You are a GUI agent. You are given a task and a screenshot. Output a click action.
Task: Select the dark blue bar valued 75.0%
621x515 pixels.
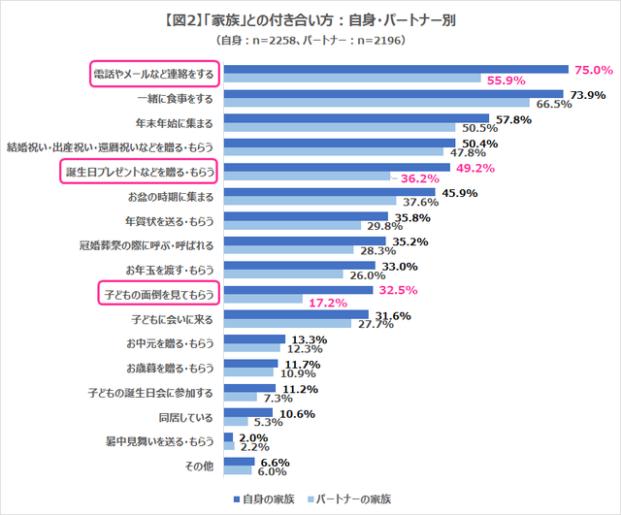[396, 69]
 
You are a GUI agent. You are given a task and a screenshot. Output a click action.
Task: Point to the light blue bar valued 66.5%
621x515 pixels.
[376, 104]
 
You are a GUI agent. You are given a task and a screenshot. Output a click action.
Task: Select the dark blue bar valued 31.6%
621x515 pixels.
[296, 314]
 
